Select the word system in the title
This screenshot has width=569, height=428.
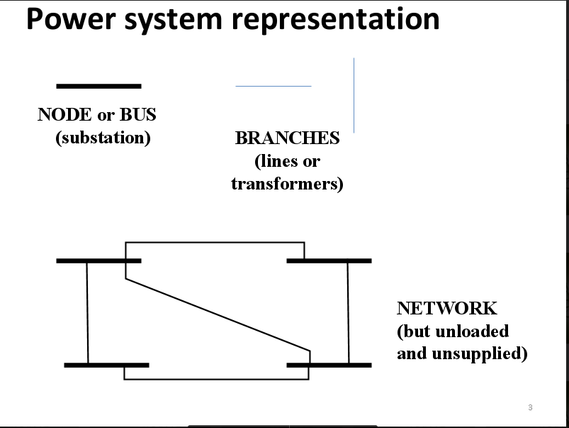(173, 21)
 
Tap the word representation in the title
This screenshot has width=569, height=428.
(336, 21)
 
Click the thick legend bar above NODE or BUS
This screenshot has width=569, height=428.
(98, 86)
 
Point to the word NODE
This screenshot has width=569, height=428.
(64, 114)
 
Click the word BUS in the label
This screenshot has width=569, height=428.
(138, 114)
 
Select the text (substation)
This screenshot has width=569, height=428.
(103, 138)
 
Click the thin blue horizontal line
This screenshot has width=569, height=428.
(274, 86)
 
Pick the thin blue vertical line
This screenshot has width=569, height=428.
(354, 95)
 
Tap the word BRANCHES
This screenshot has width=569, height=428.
(288, 138)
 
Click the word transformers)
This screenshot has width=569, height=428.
(287, 184)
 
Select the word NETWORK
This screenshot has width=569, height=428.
(446, 308)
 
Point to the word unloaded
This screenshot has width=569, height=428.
(472, 331)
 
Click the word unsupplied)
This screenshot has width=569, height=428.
(480, 353)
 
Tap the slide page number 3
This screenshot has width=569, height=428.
(530, 407)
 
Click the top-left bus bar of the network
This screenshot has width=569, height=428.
(98, 260)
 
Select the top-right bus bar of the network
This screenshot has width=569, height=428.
(329, 260)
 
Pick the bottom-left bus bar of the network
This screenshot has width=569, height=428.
(107, 365)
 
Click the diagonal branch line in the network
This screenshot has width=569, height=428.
(218, 315)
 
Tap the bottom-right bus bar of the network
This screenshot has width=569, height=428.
(329, 365)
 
